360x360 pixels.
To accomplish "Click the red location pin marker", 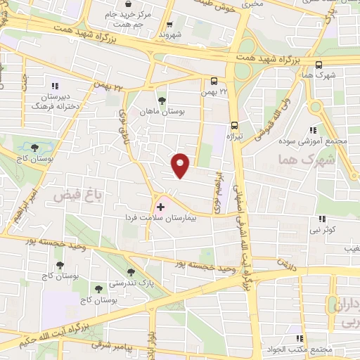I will (x=181, y=165).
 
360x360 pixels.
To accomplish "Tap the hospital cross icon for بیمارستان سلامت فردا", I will (x=160, y=207).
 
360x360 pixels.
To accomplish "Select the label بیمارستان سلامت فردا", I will (x=176, y=218).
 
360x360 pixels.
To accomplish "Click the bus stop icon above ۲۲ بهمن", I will (x=214, y=80).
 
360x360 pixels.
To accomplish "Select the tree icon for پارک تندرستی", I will (x=131, y=272).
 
